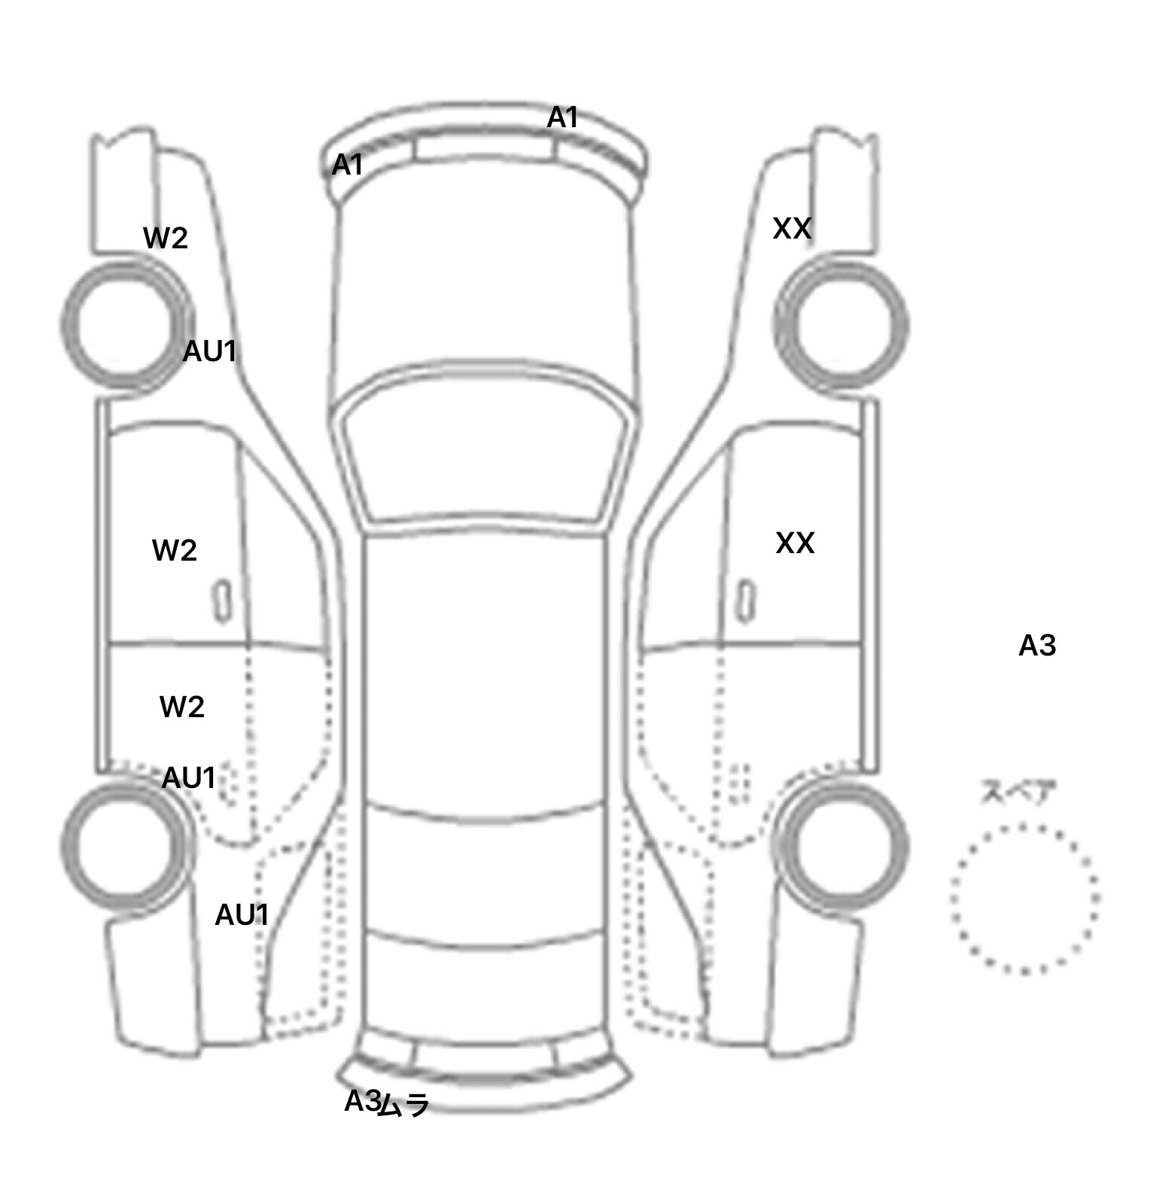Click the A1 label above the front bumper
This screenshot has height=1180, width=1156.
[562, 117]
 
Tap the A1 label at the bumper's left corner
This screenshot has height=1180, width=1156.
[348, 164]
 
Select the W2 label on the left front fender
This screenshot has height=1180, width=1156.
[166, 239]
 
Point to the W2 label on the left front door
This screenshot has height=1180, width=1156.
[175, 551]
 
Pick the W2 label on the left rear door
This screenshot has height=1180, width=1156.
[182, 707]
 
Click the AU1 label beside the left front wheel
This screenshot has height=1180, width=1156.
[210, 351]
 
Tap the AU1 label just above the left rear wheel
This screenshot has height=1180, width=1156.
[189, 778]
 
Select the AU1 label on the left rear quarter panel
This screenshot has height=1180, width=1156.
[242, 915]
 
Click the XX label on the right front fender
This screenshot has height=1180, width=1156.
[792, 228]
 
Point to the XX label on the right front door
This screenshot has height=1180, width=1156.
[795, 543]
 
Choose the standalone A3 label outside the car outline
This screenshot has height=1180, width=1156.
[1037, 646]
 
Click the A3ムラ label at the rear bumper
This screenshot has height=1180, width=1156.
[387, 1103]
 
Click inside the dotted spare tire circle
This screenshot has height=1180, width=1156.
[1024, 899]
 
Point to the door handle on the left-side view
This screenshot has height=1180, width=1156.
[222, 601]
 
